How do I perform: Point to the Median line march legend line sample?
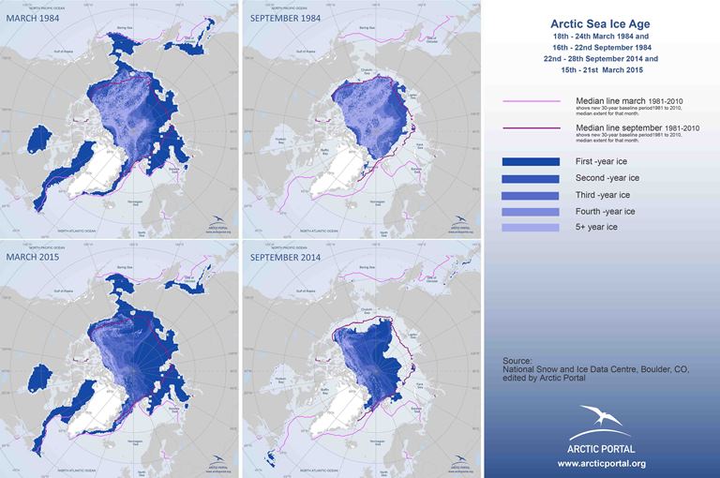tap(532, 102)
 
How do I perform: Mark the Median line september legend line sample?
tap(532, 132)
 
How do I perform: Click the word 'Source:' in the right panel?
tap(517, 360)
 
